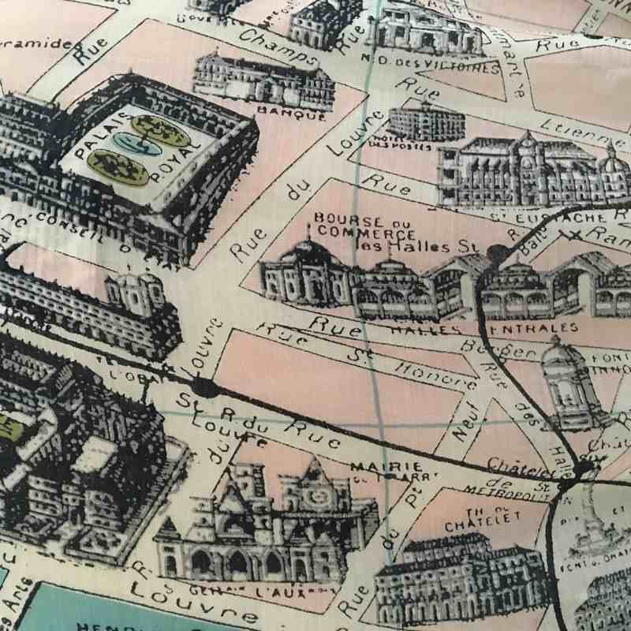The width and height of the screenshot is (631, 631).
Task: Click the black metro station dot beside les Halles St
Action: [498, 252]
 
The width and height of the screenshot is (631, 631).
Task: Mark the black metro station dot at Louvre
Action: [204, 387]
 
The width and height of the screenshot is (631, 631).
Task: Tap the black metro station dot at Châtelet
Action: [584, 469]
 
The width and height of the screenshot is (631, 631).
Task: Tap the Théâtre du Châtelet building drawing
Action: [457, 576]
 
